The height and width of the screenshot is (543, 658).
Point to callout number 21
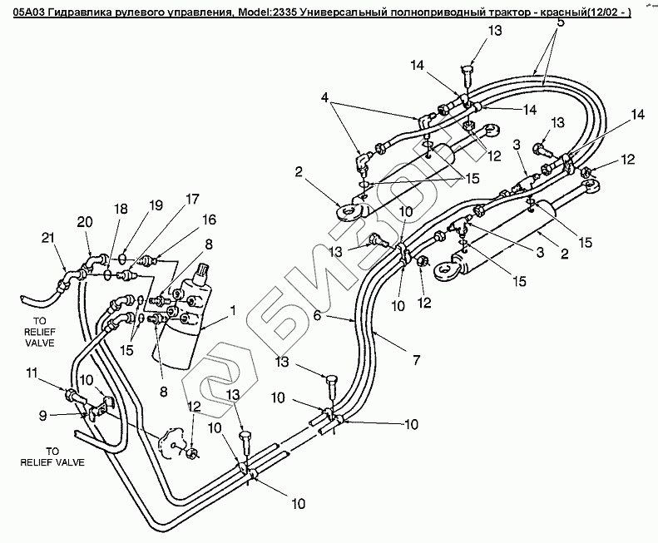click(x=47, y=239)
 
